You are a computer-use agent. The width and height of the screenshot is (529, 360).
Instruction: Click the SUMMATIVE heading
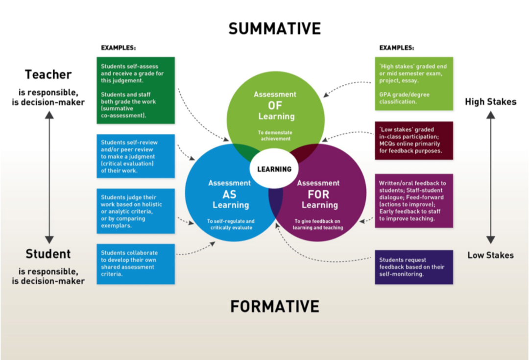tap(275, 29)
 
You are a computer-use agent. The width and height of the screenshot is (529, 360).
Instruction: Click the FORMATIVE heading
tap(275, 306)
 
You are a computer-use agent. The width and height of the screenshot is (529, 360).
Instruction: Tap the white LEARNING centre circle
tap(274, 168)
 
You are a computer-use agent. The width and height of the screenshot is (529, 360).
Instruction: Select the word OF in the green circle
tap(275, 106)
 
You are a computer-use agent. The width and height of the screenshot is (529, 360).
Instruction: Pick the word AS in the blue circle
tap(229, 194)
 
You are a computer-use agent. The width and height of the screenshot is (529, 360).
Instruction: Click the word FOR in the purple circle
tap(318, 194)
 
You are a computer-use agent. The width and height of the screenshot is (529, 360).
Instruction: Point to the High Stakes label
tap(490, 101)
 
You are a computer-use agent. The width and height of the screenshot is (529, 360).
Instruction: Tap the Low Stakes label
tap(490, 255)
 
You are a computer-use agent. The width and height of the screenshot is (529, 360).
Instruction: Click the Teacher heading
tap(48, 74)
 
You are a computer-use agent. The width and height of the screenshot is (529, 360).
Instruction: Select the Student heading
tap(48, 254)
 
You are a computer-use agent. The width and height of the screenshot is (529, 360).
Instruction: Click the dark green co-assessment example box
tap(136, 91)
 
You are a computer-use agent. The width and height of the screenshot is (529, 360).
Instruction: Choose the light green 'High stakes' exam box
tap(414, 84)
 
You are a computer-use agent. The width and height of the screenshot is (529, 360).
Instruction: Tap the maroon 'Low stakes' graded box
tap(414, 141)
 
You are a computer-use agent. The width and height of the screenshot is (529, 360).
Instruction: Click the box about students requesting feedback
tap(414, 267)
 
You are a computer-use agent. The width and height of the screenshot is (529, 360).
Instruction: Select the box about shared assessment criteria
tap(136, 264)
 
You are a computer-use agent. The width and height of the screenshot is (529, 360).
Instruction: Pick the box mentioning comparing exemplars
tap(136, 211)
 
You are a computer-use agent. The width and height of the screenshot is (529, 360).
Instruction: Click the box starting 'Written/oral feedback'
tap(414, 201)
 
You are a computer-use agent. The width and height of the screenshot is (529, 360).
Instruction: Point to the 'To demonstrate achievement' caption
tap(275, 136)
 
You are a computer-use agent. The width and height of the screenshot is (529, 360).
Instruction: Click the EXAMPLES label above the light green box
tap(396, 48)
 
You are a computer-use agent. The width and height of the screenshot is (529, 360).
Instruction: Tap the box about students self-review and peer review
tap(136, 156)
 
